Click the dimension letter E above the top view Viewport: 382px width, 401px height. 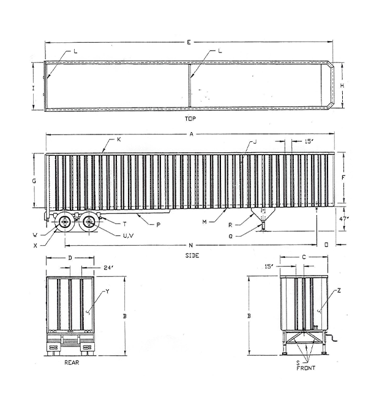(189, 42)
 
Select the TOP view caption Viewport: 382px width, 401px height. (190, 119)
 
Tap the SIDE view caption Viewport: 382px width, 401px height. (192, 256)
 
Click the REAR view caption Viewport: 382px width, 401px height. (72, 362)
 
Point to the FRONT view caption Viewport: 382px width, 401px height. (305, 368)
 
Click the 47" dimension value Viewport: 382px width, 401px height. (344, 219)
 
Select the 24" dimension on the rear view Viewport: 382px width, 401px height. (108, 268)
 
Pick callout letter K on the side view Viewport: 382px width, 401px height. (119, 139)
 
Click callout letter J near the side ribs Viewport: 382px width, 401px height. (255, 142)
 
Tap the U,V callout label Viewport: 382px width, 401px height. (128, 236)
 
